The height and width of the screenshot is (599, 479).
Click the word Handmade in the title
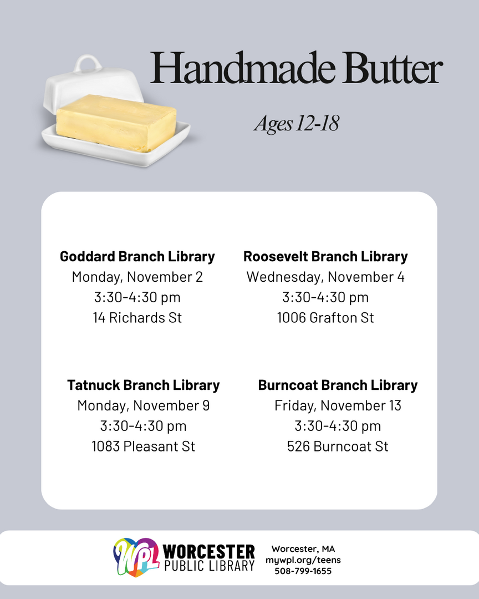(243, 68)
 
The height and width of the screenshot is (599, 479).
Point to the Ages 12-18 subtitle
(297, 123)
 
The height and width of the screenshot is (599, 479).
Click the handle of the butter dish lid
(88, 63)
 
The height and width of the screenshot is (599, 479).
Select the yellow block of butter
(116, 121)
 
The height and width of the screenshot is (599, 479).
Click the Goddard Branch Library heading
(137, 256)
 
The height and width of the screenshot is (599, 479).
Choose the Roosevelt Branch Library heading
(325, 256)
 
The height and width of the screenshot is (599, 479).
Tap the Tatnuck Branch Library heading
(143, 385)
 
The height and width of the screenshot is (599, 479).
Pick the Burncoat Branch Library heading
(338, 385)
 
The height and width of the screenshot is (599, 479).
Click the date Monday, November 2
(137, 277)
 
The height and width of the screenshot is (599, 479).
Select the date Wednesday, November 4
(325, 277)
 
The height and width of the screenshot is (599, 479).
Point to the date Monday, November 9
(143, 405)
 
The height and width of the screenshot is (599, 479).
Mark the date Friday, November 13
(338, 405)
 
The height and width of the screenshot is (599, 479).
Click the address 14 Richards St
(137, 318)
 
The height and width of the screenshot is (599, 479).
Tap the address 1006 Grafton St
(325, 318)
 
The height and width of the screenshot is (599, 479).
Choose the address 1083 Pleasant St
(143, 446)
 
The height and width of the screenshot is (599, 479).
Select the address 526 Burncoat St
(338, 446)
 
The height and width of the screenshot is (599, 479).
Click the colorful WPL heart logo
(136, 557)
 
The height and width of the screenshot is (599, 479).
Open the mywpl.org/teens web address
(303, 560)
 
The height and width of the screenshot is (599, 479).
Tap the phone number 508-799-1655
(303, 571)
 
